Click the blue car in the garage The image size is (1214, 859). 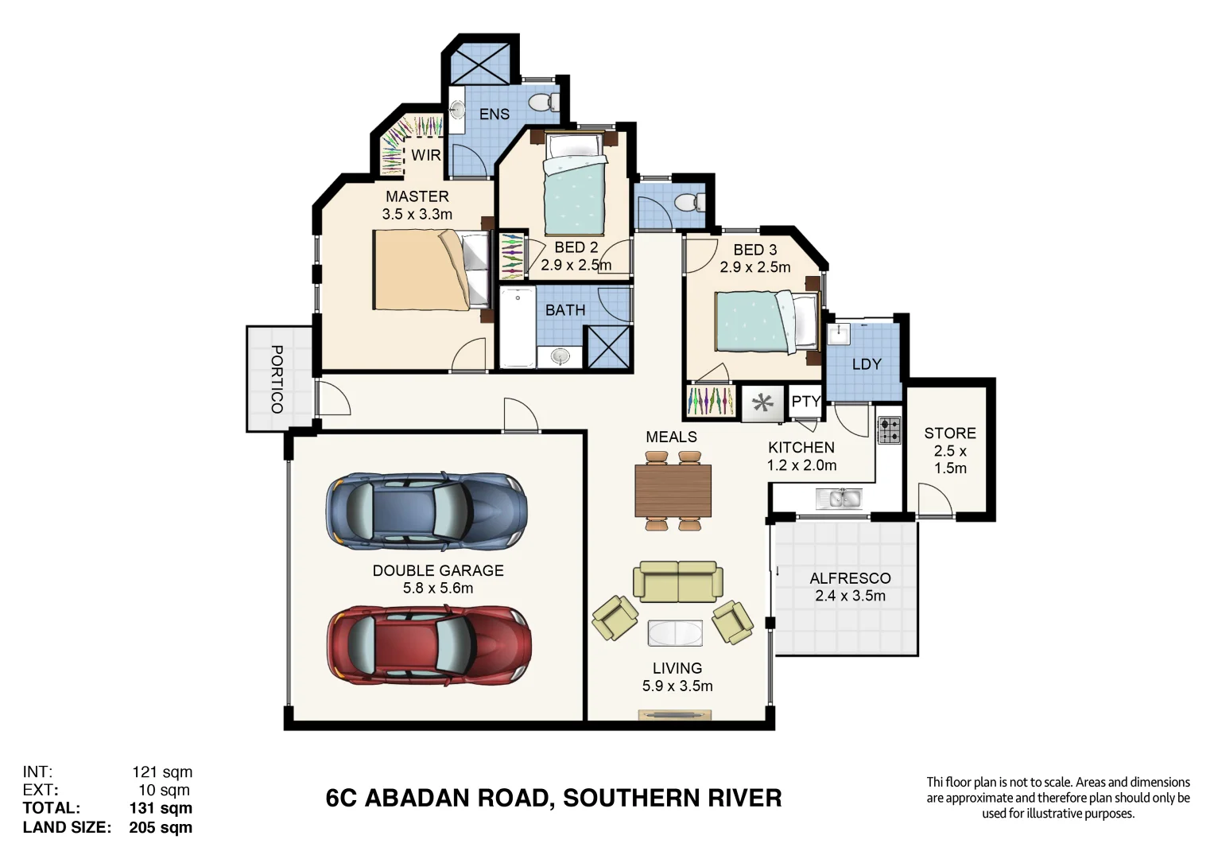[426, 511]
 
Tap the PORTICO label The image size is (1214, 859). [277, 379]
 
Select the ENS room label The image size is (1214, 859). [494, 115]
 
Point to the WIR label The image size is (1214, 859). [425, 155]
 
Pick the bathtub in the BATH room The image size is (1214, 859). [517, 328]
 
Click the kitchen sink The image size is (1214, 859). [839, 499]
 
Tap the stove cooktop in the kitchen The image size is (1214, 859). [889, 430]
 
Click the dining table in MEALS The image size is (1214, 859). [673, 491]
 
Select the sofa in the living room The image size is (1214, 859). [677, 582]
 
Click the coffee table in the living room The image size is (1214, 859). [675, 633]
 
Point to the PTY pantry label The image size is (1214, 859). [805, 402]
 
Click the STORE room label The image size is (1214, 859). [949, 433]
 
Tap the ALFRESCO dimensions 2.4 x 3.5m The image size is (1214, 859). [850, 596]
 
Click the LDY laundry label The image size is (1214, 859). [866, 364]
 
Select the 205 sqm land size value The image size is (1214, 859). [161, 827]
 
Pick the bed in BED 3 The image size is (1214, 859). [766, 322]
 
